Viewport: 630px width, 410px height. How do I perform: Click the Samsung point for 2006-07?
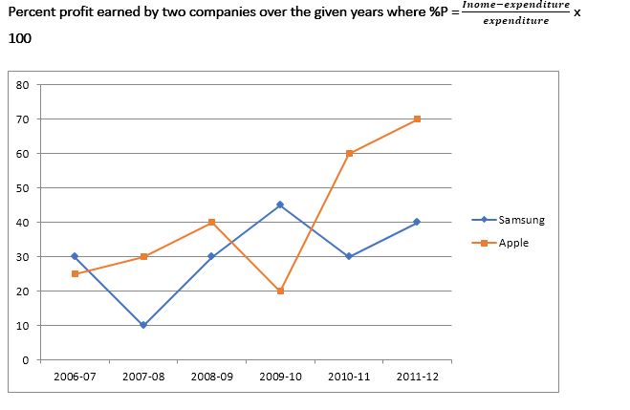[x=75, y=256]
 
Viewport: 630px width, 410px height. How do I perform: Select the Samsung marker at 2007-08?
[x=143, y=325]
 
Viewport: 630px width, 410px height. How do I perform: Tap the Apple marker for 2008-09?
[x=211, y=222]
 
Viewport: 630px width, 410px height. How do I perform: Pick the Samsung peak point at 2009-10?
[x=280, y=205]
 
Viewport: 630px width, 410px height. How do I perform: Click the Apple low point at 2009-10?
[x=280, y=291]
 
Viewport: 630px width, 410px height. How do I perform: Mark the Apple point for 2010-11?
[x=349, y=153]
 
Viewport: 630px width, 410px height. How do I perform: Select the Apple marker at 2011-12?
[x=418, y=119]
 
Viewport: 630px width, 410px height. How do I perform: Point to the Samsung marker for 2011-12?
[x=418, y=222]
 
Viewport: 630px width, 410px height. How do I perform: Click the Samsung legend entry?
[x=521, y=220]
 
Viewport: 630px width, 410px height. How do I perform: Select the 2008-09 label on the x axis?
[x=211, y=377]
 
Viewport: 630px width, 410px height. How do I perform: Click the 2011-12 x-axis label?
[x=418, y=377]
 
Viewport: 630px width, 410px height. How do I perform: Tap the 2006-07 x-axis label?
[x=75, y=377]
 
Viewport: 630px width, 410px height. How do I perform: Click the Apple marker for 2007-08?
[x=143, y=256]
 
